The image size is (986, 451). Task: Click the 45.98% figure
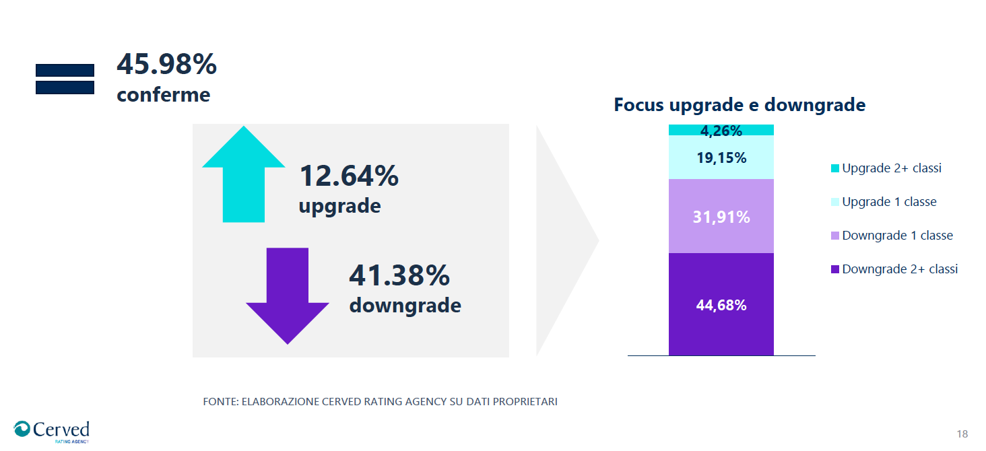pos(166,65)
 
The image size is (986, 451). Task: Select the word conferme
pos(163,95)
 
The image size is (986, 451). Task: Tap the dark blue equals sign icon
pos(65,79)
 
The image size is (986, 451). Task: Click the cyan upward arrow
pos(244,175)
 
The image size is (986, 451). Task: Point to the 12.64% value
pos(348,176)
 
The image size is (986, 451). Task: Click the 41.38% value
pos(399,276)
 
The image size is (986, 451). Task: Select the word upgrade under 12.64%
pos(339,205)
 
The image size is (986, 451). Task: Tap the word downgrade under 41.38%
pos(405,306)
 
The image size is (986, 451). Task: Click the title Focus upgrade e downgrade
pos(739,105)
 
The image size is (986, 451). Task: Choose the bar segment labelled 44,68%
pos(721,305)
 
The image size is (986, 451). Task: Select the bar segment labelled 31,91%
pos(721,217)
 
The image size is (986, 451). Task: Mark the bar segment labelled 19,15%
pos(721,158)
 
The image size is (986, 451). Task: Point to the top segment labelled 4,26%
pos(721,130)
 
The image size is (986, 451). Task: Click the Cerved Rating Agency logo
pos(52,431)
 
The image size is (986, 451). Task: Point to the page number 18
pos(962,433)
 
